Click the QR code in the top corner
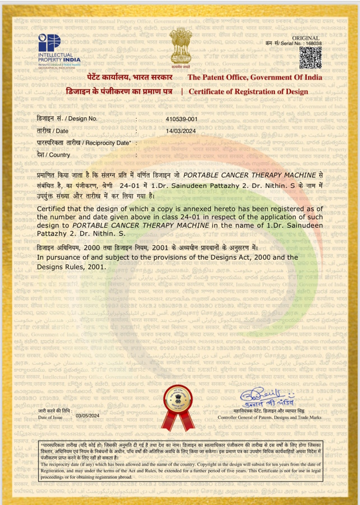[x=311, y=58]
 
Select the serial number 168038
[x=313, y=43]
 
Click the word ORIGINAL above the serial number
[x=310, y=37]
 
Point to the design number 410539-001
[x=182, y=119]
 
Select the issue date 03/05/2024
[x=87, y=415]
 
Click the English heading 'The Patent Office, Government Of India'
[x=255, y=78]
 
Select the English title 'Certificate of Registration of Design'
[x=248, y=90]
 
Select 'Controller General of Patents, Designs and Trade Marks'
[x=270, y=417]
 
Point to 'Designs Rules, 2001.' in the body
[x=71, y=267]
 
